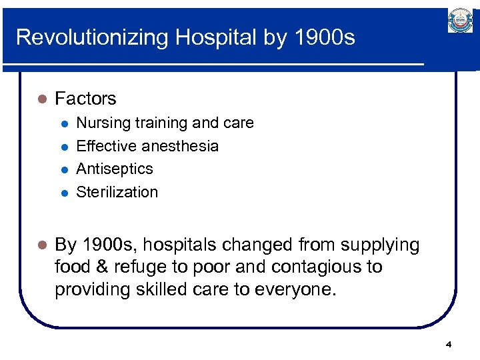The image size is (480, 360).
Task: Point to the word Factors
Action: [x=85, y=99]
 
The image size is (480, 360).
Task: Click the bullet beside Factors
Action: [x=40, y=99]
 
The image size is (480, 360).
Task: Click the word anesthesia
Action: [x=180, y=146]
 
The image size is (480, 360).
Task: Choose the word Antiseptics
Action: [x=115, y=169]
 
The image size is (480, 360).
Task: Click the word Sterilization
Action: [x=117, y=192]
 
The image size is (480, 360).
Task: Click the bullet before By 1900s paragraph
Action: [x=40, y=246]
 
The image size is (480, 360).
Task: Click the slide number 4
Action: [x=448, y=345]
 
